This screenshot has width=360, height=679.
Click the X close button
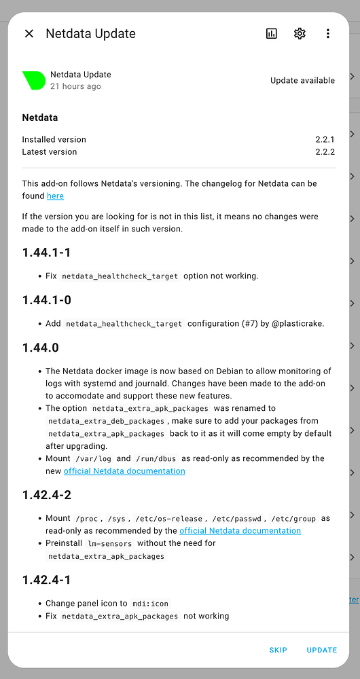pyautogui.click(x=29, y=34)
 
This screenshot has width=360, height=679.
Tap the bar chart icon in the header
pyautogui.click(x=272, y=34)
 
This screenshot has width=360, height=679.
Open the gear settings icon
pyautogui.click(x=300, y=34)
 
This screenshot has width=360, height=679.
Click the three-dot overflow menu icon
pyautogui.click(x=328, y=34)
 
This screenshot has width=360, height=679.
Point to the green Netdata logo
pyautogui.click(x=34, y=80)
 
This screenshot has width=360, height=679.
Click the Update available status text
pyautogui.click(x=302, y=80)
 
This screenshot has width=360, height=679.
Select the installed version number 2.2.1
pyautogui.click(x=325, y=139)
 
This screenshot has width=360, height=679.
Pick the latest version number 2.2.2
pyautogui.click(x=325, y=152)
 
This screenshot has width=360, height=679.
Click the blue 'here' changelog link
pyautogui.click(x=55, y=196)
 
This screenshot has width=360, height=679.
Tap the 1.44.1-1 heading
pyautogui.click(x=46, y=253)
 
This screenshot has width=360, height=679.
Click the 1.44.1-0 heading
pyautogui.click(x=46, y=301)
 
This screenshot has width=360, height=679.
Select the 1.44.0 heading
pyautogui.click(x=40, y=348)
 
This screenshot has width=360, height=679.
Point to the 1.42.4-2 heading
pyautogui.click(x=46, y=495)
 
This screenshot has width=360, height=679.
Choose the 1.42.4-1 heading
pyautogui.click(x=46, y=580)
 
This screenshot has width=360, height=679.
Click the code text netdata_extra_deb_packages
pyautogui.click(x=107, y=421)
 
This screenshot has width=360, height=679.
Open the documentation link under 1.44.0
pyautogui.click(x=124, y=471)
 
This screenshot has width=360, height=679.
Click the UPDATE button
pyautogui.click(x=321, y=650)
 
